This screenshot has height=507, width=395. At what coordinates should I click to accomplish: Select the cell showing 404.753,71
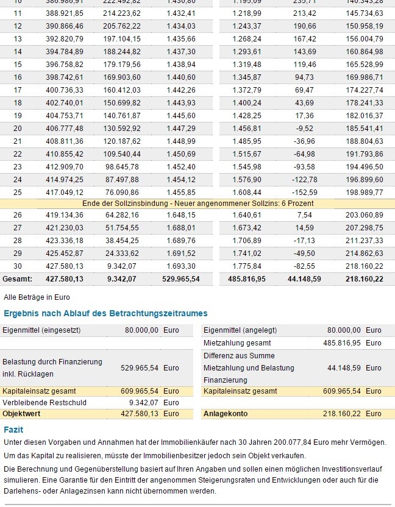[x=64, y=115]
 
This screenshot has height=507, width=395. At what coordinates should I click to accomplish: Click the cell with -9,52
[x=304, y=128]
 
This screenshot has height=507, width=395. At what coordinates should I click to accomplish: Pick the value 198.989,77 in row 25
[x=365, y=192]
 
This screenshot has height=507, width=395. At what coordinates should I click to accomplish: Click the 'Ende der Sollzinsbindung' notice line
[x=198, y=203]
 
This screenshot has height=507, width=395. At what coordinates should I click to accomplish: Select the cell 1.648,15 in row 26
[x=181, y=214]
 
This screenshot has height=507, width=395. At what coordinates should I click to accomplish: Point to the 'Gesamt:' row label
[x=16, y=278]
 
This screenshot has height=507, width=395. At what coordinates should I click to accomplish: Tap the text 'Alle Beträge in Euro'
[x=37, y=297]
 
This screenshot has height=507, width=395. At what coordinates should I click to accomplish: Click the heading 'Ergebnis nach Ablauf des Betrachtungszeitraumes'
[x=105, y=313]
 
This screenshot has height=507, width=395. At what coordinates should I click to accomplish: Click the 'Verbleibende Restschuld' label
[x=44, y=402]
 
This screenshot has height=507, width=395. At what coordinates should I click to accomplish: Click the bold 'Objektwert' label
[x=21, y=413]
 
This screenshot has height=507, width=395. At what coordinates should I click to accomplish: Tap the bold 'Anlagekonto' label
[x=226, y=413]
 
